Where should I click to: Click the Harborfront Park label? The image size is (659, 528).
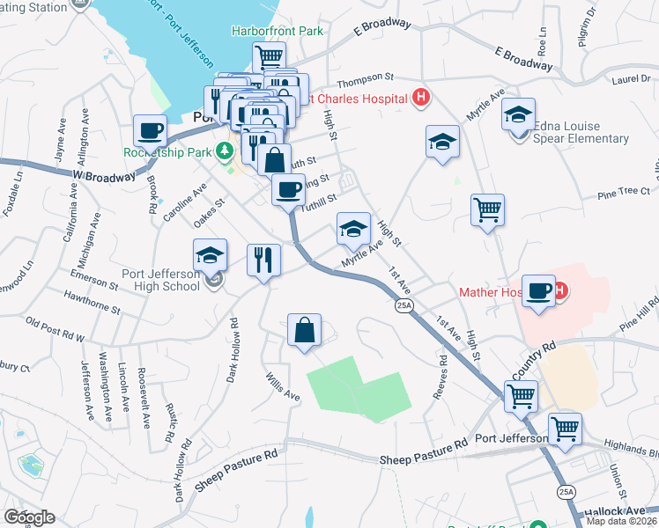[278, 32]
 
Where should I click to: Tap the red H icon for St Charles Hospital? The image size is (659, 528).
[421, 98]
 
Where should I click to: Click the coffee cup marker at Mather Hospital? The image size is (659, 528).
[537, 290]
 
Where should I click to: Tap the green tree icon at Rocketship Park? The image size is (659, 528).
[226, 151]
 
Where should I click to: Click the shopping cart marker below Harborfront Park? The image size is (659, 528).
[270, 57]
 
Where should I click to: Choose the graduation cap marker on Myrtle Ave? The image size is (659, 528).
[353, 230]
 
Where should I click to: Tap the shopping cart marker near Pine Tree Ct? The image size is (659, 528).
[487, 209]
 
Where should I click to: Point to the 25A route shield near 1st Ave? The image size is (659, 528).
[404, 305]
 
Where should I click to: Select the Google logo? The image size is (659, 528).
[28, 517]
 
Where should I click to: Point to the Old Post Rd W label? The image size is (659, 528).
[55, 331]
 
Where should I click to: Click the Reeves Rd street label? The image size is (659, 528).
[440, 377]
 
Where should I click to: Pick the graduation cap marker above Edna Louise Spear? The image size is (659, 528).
[519, 114]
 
